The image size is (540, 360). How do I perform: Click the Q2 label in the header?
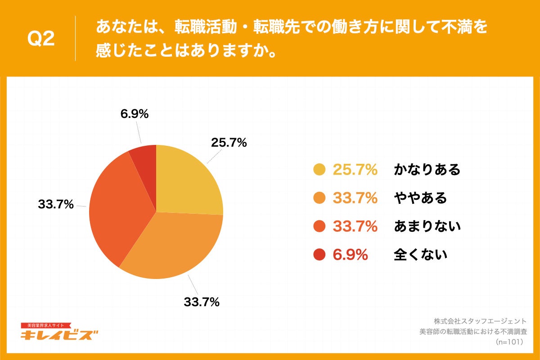pos(41,40)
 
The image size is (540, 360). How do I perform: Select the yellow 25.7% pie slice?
pos(187,180)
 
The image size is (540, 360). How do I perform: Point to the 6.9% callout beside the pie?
pos(134,114)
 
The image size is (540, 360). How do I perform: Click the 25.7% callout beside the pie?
pos(229,143)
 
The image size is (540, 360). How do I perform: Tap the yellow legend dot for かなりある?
pos(319,170)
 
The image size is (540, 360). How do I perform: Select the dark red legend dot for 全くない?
pos(319,255)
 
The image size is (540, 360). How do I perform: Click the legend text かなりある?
pos(427,170)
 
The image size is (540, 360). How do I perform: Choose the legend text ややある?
pos(420,198)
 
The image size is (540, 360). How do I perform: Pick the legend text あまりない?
pos(427,226)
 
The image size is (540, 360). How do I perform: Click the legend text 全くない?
pos(420,255)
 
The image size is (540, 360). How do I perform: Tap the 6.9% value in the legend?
pos(350,255)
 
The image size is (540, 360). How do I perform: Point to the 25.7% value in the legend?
pos(355,170)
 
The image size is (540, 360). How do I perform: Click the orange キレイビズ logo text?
pos(59,335)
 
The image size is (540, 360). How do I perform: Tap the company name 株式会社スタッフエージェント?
pos(480,321)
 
